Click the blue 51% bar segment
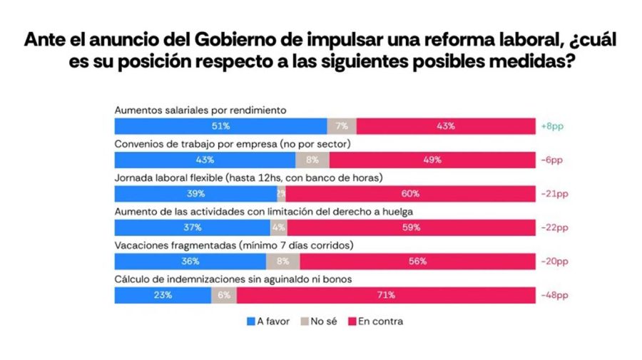tap(220, 126)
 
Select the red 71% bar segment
tap(374, 295)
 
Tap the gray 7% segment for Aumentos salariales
tap(342, 126)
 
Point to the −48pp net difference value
tap(554, 295)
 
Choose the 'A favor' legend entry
tap(267, 322)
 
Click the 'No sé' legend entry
tap(322, 322)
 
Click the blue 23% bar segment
tap(163, 295)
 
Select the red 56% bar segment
tap(417, 262)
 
